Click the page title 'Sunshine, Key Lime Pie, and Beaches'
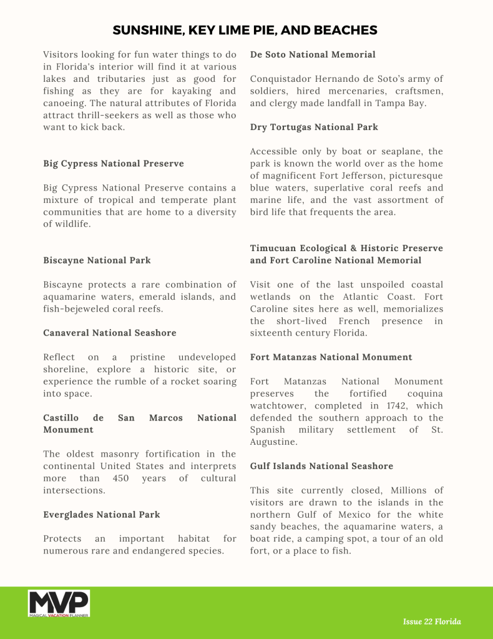click(245, 30)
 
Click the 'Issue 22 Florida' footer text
click(432, 622)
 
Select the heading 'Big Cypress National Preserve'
click(114, 164)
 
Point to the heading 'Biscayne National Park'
click(97, 260)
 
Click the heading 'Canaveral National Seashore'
click(110, 333)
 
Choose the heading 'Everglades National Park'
click(102, 515)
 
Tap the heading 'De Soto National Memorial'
click(313, 55)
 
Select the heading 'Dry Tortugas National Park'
click(314, 127)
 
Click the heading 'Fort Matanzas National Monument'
click(331, 357)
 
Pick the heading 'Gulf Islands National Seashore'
click(322, 466)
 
